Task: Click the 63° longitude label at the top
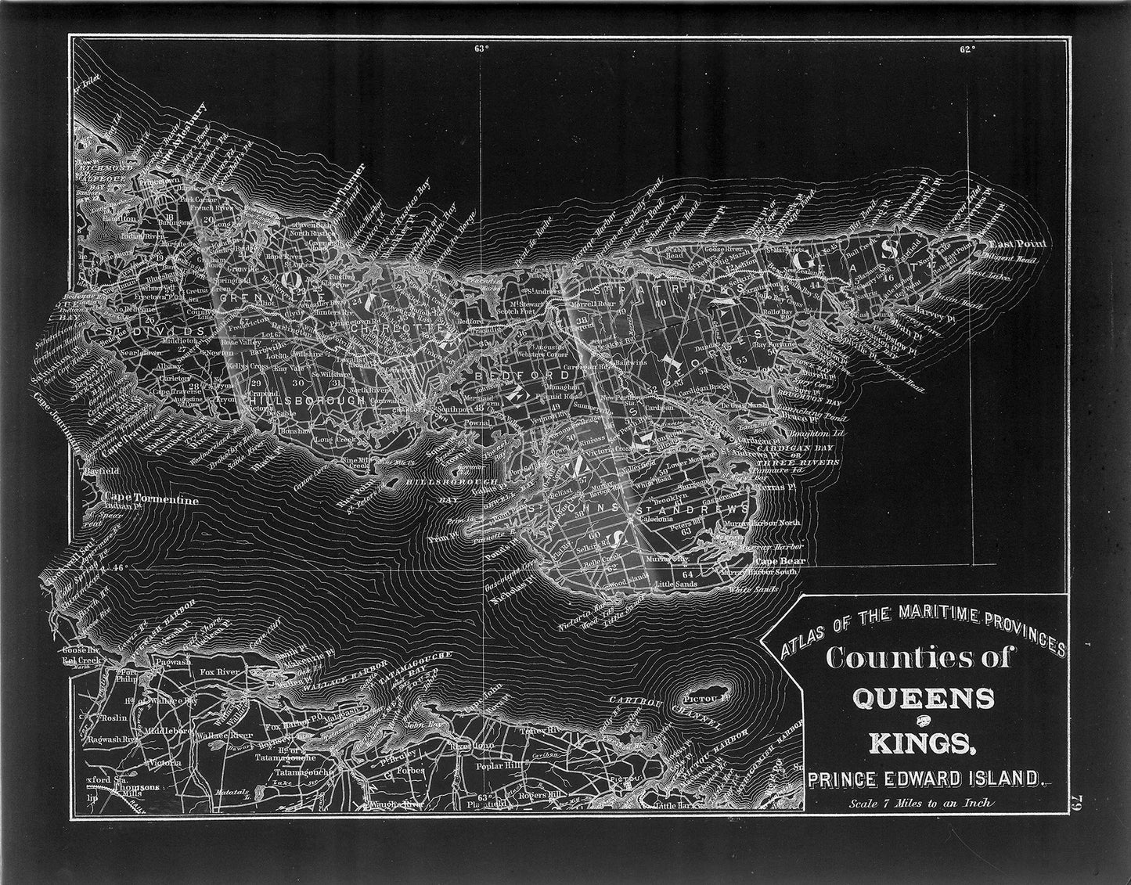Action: [x=481, y=49]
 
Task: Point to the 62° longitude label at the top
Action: [x=967, y=49]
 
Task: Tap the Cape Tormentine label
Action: [x=149, y=500]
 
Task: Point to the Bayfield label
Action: [x=103, y=472]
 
